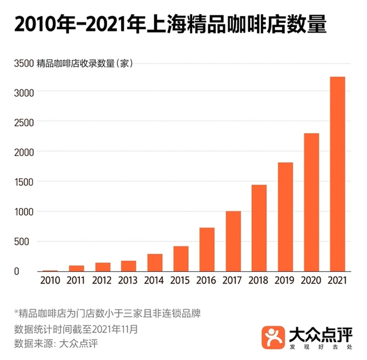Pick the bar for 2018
(259, 228)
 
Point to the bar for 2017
(233, 241)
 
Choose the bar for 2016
(207, 249)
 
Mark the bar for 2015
(181, 259)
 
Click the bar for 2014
(155, 262)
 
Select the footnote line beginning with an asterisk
(107, 314)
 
